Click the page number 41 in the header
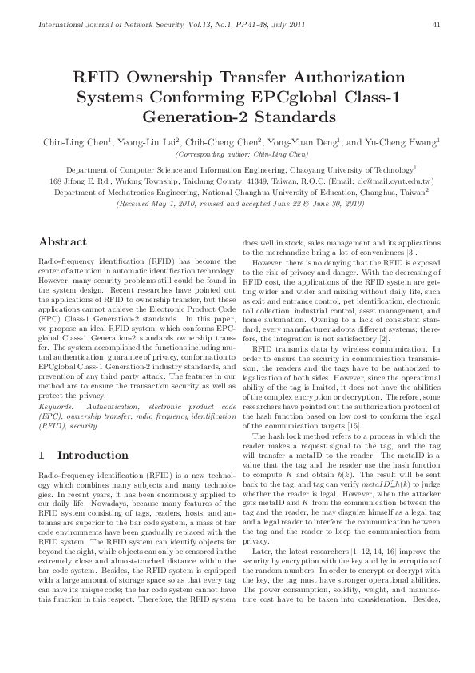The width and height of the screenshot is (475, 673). click(437, 24)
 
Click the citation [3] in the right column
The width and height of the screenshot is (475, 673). click(410, 253)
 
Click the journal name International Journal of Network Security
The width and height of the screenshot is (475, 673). click(105, 24)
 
